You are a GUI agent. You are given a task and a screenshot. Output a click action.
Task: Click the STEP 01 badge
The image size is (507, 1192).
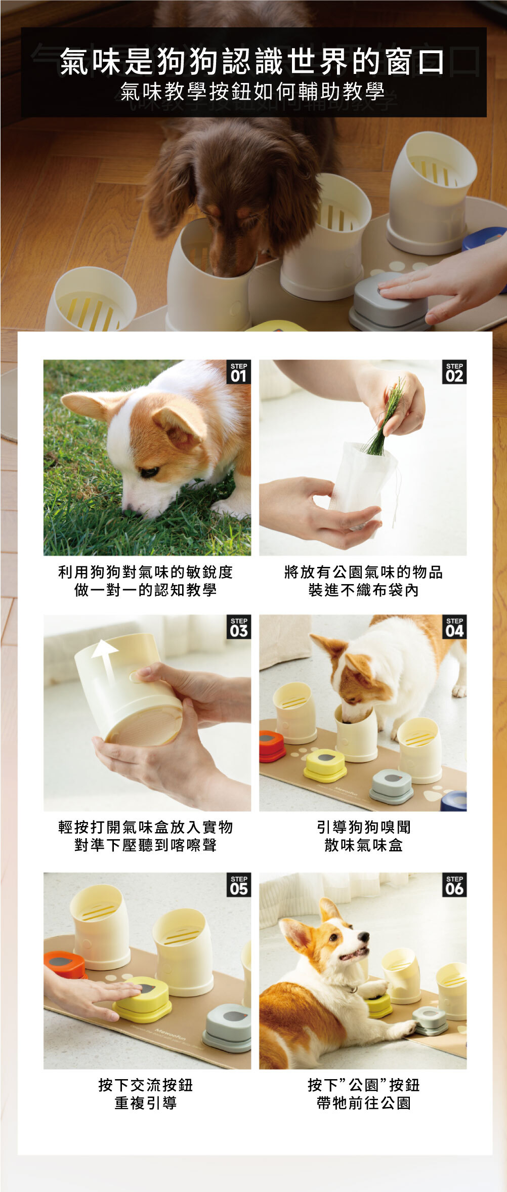(x=238, y=372)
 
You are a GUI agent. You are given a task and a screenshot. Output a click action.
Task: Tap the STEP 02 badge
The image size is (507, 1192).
(x=454, y=372)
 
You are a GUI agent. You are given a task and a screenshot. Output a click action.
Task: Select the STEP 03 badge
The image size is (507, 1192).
(x=238, y=627)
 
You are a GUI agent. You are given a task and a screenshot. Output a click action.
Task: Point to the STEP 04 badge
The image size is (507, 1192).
(x=454, y=627)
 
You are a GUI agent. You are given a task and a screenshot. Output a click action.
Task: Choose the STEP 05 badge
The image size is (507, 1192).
(x=238, y=885)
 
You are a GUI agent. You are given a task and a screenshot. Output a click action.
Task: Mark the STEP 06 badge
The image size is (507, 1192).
(x=454, y=885)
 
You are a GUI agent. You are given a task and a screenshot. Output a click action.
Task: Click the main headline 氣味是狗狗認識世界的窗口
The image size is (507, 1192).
(x=252, y=61)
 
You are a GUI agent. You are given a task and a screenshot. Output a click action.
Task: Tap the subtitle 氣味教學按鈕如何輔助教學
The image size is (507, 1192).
(x=252, y=92)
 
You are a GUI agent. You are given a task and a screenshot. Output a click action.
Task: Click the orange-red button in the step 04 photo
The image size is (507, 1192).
(x=272, y=746)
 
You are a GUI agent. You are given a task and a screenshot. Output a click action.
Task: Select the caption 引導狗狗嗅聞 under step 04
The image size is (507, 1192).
(x=364, y=827)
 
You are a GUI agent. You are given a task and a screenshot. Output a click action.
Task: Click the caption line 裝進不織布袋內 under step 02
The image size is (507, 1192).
(x=364, y=590)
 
